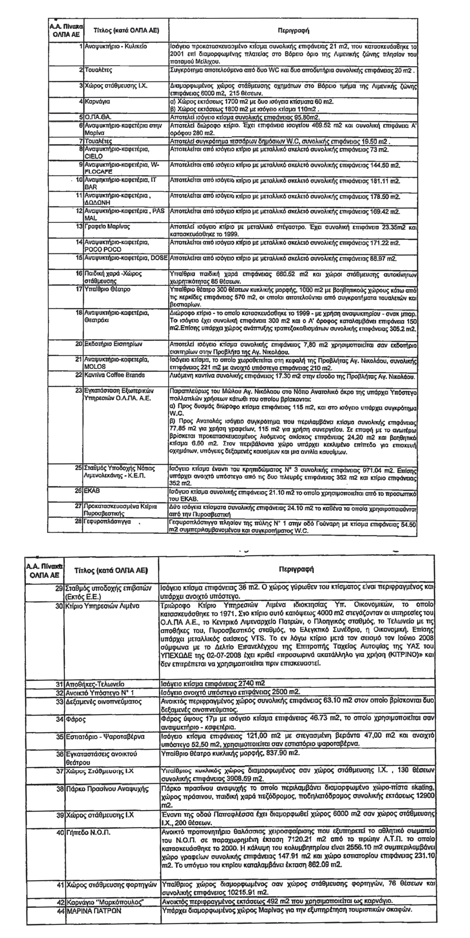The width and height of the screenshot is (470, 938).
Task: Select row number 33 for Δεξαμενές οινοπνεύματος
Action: click(59, 701)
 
